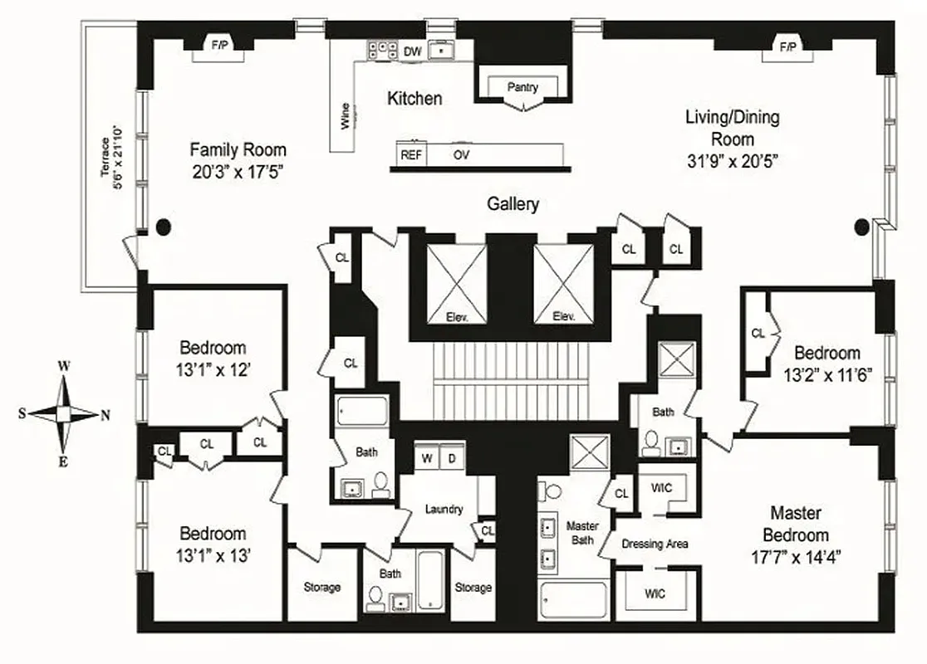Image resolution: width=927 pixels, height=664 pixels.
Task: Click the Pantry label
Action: click(x=522, y=87)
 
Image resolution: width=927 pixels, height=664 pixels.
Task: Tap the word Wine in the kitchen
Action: click(x=345, y=116)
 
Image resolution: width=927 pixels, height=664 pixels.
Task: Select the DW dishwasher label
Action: click(x=413, y=51)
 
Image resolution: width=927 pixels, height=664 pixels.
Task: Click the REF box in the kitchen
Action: click(x=410, y=155)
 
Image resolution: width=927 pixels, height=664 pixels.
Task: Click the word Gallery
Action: click(x=513, y=204)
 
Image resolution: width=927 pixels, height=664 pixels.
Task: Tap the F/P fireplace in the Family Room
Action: click(x=219, y=46)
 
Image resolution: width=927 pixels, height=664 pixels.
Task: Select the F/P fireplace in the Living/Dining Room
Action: click(x=787, y=46)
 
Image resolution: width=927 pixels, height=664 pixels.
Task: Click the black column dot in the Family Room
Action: click(x=164, y=225)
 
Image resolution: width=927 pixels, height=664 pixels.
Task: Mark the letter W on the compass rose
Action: click(x=63, y=365)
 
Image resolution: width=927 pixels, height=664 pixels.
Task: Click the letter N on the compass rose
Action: click(x=105, y=417)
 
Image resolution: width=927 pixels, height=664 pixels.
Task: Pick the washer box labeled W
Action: click(x=428, y=458)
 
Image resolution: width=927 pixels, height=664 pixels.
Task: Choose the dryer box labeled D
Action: click(x=452, y=458)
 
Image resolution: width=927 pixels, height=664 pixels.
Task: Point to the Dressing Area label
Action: click(x=655, y=544)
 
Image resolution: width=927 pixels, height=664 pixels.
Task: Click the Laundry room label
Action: click(x=444, y=509)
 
